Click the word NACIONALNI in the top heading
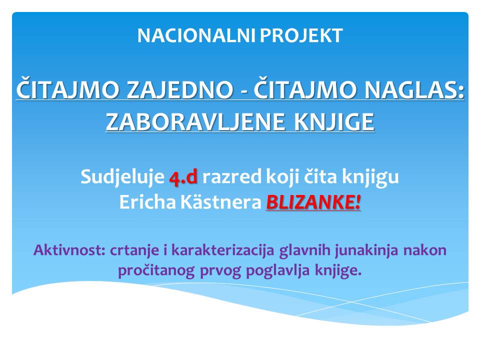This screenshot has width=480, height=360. click(x=196, y=35)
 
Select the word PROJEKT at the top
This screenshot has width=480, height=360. click(x=301, y=35)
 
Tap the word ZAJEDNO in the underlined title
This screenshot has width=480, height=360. click(x=179, y=90)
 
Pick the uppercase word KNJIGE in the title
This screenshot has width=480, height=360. click(x=334, y=122)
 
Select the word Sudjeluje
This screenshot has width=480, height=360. click(x=122, y=177)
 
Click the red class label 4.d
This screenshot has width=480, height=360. click(x=183, y=177)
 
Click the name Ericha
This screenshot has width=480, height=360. click(x=147, y=202)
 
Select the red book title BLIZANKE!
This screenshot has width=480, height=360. click(x=313, y=202)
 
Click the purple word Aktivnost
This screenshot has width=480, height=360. click(x=69, y=250)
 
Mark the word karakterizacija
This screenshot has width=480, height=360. click(x=222, y=250)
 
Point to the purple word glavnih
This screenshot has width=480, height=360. click(x=304, y=250)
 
